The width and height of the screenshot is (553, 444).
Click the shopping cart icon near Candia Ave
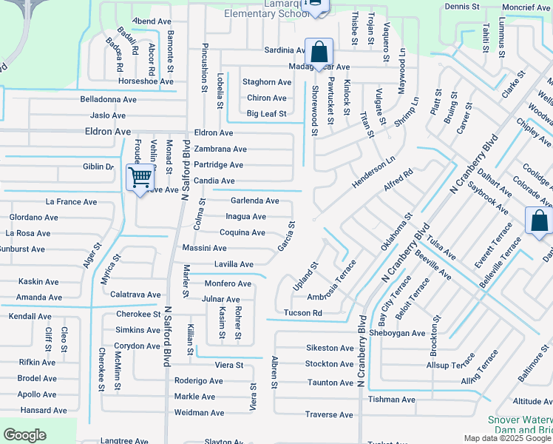[140, 178]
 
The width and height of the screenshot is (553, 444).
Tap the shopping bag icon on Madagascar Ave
[319, 53]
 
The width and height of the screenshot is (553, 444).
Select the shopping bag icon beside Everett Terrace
[538, 221]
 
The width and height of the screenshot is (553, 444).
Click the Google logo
[26, 435]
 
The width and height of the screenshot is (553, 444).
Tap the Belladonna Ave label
[109, 99]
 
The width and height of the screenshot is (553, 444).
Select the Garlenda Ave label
[254, 201]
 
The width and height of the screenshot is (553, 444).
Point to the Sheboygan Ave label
[397, 333]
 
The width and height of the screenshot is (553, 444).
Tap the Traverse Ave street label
[329, 415]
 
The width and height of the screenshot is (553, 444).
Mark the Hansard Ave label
[44, 411]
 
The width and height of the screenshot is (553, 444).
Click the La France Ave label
[71, 201]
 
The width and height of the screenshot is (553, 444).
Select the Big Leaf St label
[266, 114]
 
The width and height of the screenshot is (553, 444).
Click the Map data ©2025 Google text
[507, 438]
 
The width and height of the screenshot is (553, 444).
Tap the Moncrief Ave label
[525, 7]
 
